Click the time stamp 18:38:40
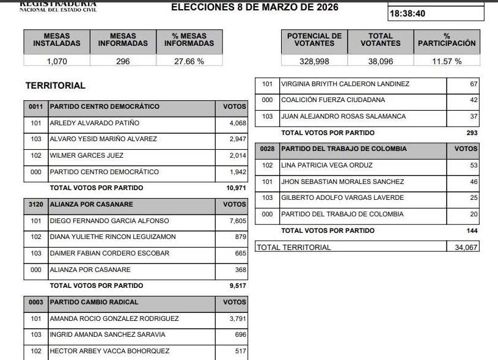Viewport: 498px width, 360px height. point(408,13)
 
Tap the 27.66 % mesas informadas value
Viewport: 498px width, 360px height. point(189,61)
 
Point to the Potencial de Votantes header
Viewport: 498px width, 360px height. point(315,40)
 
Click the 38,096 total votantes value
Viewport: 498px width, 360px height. point(380,61)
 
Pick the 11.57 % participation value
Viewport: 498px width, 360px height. point(447,61)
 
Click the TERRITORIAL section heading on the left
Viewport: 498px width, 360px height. point(56,86)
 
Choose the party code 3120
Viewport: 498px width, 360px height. point(36,204)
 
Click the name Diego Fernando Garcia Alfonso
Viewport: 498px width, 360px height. point(109,221)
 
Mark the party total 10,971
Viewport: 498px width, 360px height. point(236,188)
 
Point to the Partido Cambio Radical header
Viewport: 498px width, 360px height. point(94,302)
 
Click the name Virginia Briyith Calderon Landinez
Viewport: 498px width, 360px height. point(345,84)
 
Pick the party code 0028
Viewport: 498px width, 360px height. point(267,149)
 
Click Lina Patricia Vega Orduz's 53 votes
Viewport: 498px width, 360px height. point(474,165)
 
